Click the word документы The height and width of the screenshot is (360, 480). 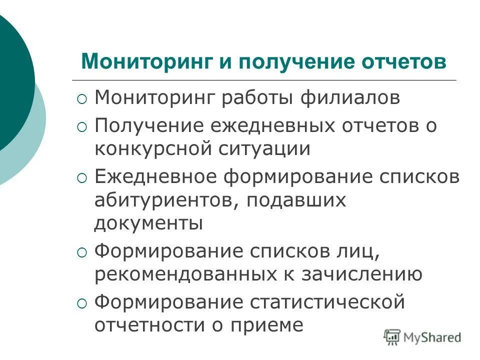point(148,223)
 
